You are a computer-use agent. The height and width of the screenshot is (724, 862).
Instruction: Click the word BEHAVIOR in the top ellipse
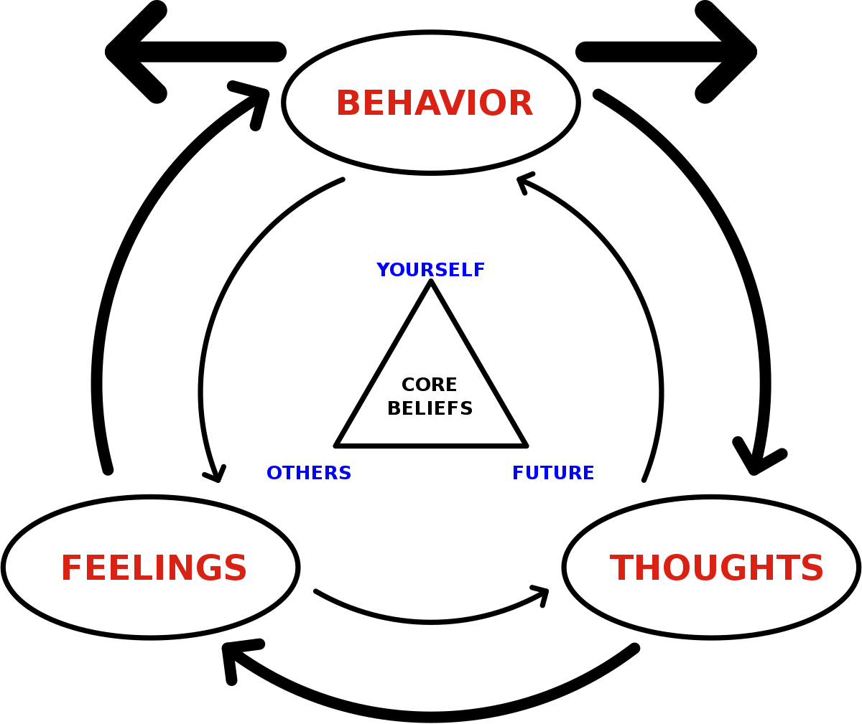point(434,103)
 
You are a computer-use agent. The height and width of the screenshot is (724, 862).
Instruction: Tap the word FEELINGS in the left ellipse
point(154,568)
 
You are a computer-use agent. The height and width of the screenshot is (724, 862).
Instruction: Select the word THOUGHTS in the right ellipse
point(716,568)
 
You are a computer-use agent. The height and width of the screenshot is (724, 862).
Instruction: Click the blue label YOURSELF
point(430,270)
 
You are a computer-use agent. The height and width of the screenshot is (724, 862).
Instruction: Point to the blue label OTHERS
point(308,473)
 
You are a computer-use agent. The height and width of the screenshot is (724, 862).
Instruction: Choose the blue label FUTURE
point(552,473)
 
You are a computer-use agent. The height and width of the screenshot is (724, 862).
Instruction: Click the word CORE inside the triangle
point(429,385)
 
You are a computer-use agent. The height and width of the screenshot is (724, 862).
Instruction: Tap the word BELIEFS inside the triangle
point(430,408)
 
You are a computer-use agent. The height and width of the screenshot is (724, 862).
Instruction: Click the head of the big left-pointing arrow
point(119,52)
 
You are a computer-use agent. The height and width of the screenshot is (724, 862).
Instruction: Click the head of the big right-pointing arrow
point(743,52)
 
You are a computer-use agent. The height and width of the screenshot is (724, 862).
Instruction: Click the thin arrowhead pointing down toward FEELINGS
point(215,475)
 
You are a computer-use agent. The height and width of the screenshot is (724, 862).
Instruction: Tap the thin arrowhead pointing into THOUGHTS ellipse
point(543,593)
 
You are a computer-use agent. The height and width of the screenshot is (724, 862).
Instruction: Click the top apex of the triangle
point(430,283)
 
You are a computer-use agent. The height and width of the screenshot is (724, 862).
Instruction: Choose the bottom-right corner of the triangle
point(525,445)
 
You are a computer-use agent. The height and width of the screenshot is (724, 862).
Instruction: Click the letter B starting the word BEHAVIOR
point(348,103)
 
